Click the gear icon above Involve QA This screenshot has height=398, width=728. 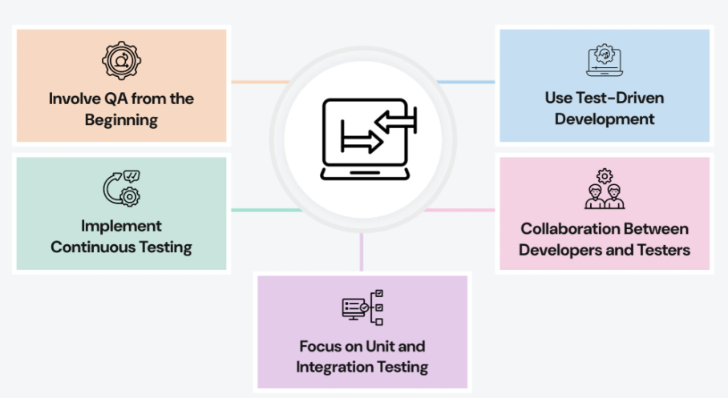click(121, 62)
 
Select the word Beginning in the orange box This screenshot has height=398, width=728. click(121, 121)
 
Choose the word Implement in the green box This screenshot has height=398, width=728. click(121, 226)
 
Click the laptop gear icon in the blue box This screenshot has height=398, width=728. click(604, 61)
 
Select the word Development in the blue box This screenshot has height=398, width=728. click(605, 119)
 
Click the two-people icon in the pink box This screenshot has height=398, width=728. click(605, 189)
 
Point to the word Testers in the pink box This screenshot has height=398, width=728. click(661, 249)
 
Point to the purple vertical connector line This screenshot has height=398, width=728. click(362, 252)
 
